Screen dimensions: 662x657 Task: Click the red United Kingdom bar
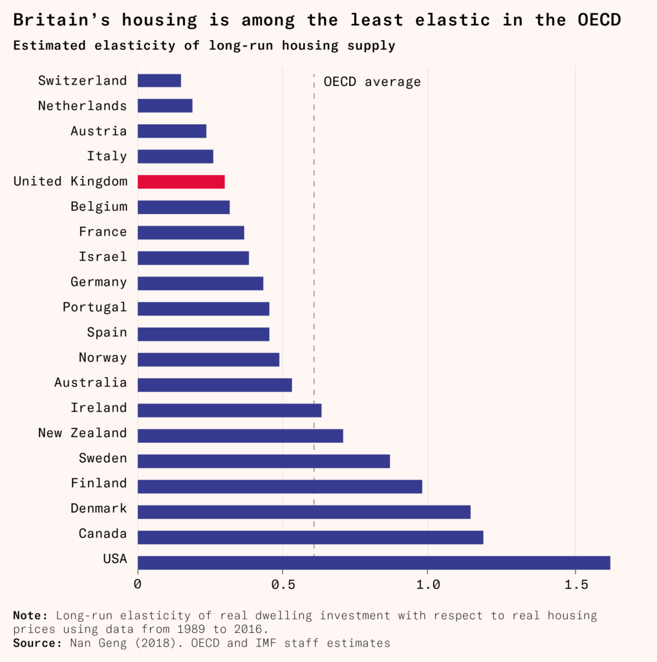(x=181, y=182)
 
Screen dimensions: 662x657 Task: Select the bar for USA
(x=374, y=562)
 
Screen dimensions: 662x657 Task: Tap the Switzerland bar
(x=159, y=81)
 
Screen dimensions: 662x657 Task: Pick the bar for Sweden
(x=264, y=461)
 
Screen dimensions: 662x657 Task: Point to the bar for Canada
(x=310, y=537)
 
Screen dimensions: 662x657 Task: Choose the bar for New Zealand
(x=240, y=436)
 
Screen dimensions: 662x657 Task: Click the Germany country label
(x=99, y=282)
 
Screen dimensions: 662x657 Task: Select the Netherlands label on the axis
(x=83, y=106)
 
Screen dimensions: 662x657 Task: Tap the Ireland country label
(x=99, y=408)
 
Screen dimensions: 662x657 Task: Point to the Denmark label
(x=99, y=509)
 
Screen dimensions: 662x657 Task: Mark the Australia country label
(x=91, y=383)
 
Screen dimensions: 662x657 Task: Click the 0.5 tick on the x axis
(x=283, y=585)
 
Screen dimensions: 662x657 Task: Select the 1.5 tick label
(x=575, y=585)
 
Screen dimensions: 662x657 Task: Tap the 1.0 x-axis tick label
(x=428, y=585)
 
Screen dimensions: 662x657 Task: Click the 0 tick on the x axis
(x=138, y=585)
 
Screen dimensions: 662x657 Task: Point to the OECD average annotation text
(x=372, y=82)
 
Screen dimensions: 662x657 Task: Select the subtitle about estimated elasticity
(x=204, y=46)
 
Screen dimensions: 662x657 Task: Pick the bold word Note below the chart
(x=30, y=615)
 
